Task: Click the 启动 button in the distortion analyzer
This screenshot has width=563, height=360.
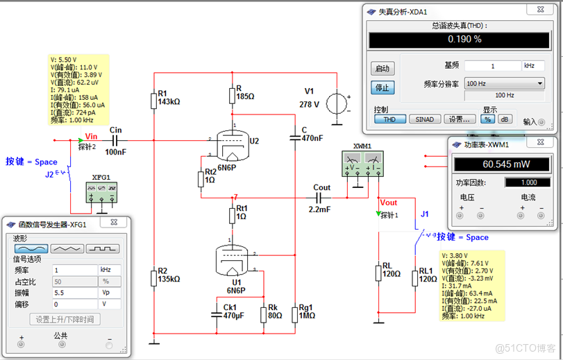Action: point(383,69)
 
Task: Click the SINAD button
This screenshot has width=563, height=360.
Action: point(424,119)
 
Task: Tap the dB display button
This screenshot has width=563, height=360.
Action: point(505,119)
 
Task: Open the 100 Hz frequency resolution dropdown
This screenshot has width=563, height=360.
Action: point(505,83)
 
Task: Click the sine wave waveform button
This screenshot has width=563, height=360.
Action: point(31,248)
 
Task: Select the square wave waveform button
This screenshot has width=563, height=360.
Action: point(103,248)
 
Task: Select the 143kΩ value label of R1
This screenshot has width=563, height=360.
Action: point(169,102)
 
